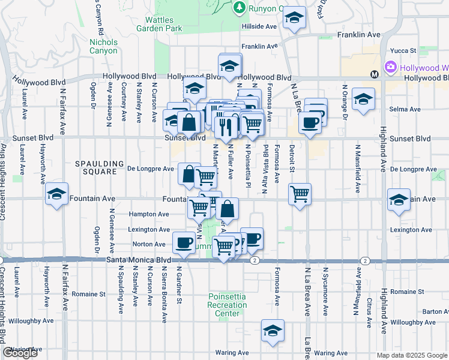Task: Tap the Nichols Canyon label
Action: click(x=103, y=46)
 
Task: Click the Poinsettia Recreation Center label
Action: click(x=228, y=305)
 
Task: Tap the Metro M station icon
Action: click(x=374, y=75)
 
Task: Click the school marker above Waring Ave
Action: click(x=273, y=331)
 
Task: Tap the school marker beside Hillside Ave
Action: click(x=294, y=19)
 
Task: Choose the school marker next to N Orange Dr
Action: click(x=363, y=99)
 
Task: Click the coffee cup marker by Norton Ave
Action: click(x=183, y=243)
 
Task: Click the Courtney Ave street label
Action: click(x=125, y=101)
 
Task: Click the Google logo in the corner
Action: click(x=20, y=353)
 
